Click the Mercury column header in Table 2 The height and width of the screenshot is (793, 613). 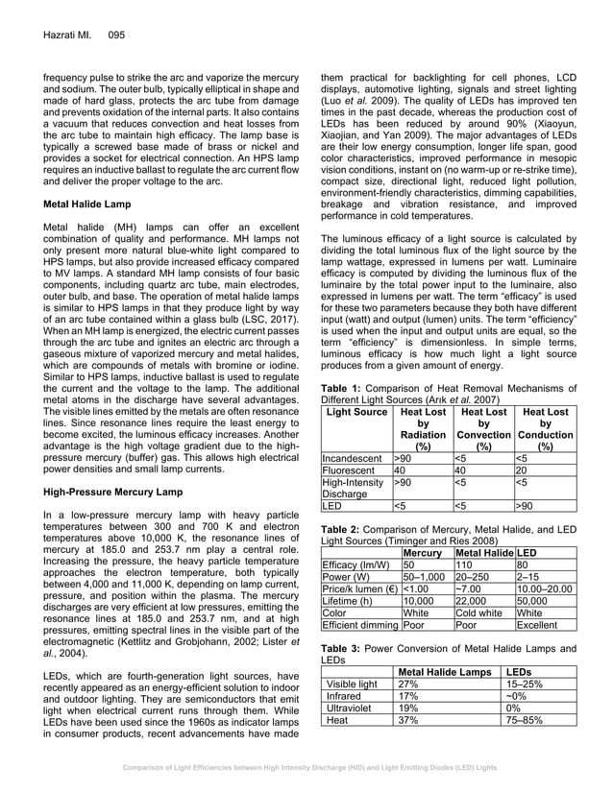pos(422,554)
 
